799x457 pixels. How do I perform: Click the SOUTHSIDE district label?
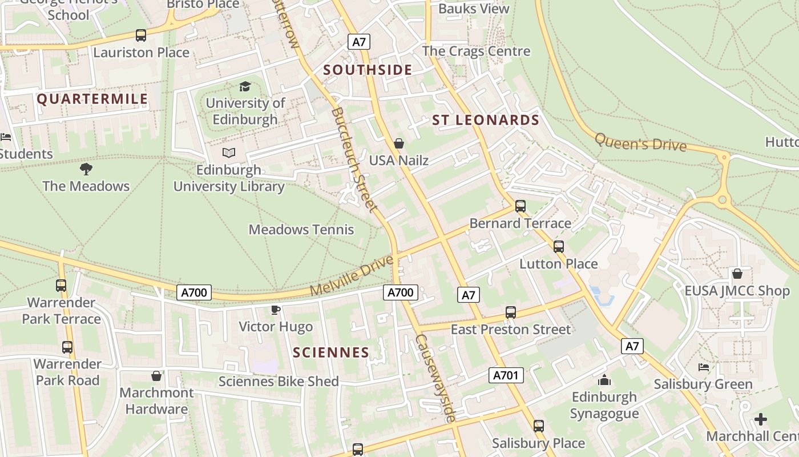pyautogui.click(x=368, y=70)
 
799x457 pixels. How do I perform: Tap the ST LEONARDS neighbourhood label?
pyautogui.click(x=485, y=121)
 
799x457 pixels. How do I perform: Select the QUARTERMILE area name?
pyautogui.click(x=92, y=99)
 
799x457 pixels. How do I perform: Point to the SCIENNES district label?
pyautogui.click(x=331, y=352)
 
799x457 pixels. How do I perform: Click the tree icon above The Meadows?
pyautogui.click(x=86, y=169)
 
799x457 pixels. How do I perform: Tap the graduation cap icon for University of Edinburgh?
pyautogui.click(x=245, y=87)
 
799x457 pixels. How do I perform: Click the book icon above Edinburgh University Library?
pyautogui.click(x=229, y=153)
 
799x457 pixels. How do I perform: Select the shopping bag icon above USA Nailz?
pyautogui.click(x=399, y=143)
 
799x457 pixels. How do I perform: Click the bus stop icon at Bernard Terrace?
pyautogui.click(x=520, y=206)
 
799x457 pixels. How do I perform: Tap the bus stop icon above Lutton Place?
pyautogui.click(x=559, y=247)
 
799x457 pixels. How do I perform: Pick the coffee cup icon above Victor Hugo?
pyautogui.click(x=276, y=310)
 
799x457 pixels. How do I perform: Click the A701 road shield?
pyautogui.click(x=506, y=375)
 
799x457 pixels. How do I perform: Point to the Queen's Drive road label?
pyautogui.click(x=640, y=142)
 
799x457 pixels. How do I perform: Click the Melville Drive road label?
pyautogui.click(x=352, y=276)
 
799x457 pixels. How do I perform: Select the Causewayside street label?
pyautogui.click(x=436, y=378)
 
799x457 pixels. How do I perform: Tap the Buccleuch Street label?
pyautogui.click(x=354, y=159)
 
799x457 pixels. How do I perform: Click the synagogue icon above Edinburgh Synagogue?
pyautogui.click(x=604, y=380)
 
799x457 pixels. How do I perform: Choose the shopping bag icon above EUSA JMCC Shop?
pyautogui.click(x=737, y=274)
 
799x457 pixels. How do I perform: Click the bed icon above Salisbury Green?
pyautogui.click(x=704, y=367)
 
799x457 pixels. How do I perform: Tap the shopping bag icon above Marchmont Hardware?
pyautogui.click(x=156, y=376)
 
